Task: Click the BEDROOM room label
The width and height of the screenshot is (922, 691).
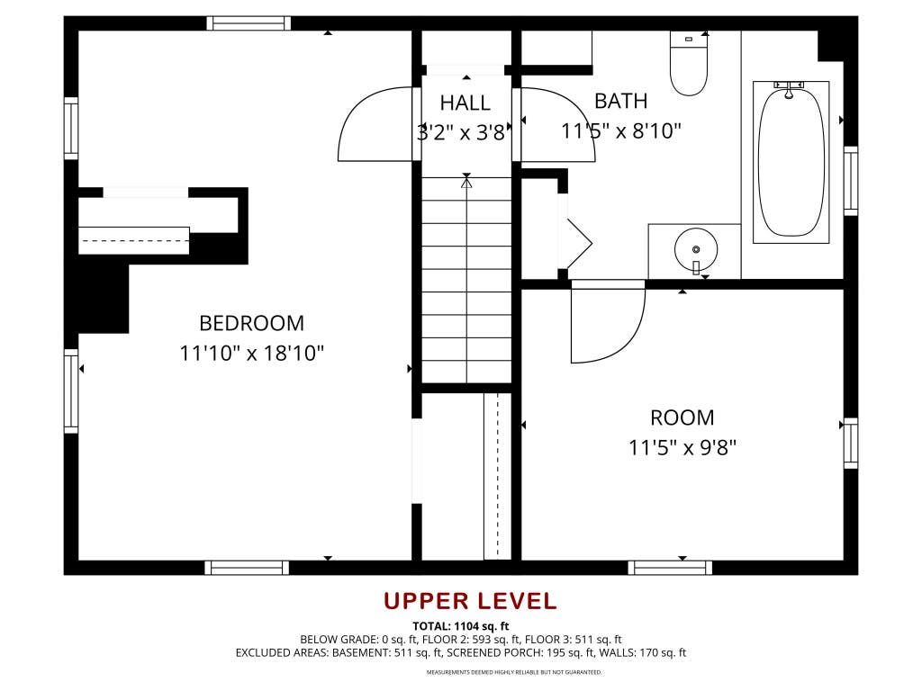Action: click(252, 323)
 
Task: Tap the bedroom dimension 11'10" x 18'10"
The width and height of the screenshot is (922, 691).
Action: click(252, 353)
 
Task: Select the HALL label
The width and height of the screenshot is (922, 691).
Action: click(466, 103)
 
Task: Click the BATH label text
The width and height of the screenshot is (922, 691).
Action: click(621, 101)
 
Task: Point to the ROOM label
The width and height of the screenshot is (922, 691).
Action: click(682, 417)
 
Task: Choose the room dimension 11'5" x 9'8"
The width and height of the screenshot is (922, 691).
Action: click(682, 448)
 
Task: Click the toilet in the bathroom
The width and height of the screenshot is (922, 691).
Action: click(689, 64)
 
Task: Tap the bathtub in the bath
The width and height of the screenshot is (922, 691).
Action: click(791, 162)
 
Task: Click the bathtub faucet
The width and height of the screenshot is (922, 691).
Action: click(789, 89)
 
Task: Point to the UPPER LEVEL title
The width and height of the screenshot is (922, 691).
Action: click(470, 601)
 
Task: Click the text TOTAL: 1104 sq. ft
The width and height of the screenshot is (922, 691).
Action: click(460, 626)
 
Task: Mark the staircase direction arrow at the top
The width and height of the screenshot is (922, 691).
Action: click(467, 181)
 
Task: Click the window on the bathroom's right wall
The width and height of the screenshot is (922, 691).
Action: click(851, 180)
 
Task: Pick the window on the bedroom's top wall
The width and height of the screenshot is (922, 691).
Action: click(249, 23)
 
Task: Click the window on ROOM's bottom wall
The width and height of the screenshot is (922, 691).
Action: click(670, 568)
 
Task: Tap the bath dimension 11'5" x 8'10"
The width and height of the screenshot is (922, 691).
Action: click(621, 130)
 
